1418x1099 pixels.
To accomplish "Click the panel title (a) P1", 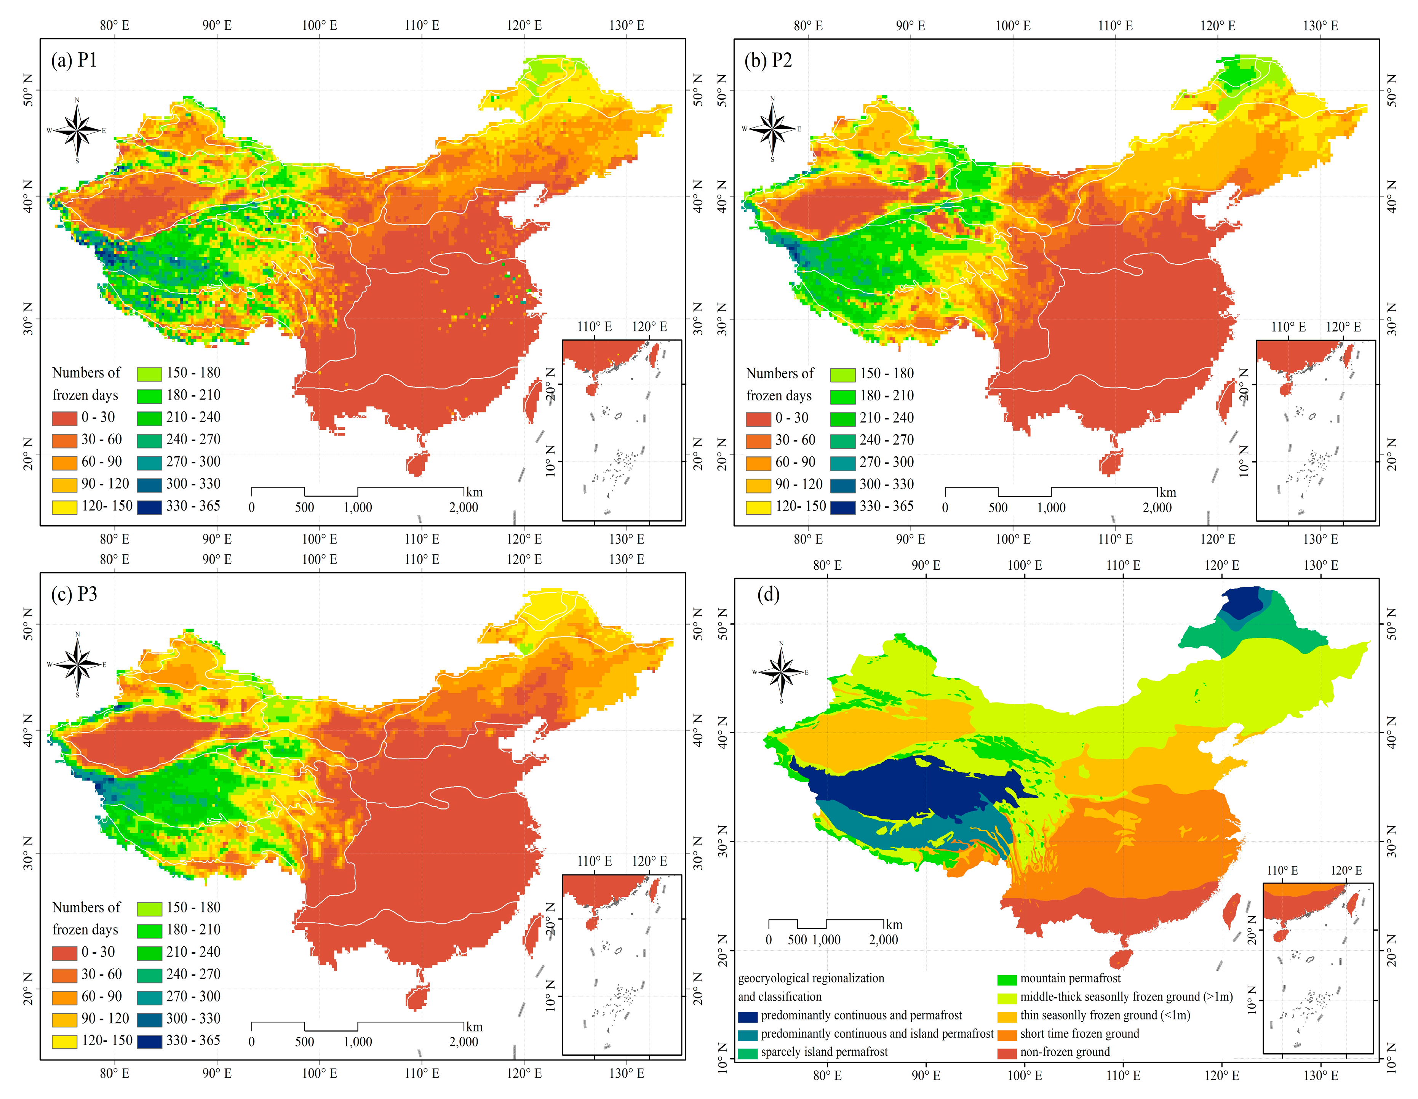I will tap(74, 61).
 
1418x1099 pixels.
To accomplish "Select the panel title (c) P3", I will tap(74, 594).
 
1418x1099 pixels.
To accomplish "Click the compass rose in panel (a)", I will tap(77, 130).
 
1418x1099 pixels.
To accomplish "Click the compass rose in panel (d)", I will tap(781, 672).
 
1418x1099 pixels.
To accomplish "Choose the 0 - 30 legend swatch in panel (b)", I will tap(758, 418).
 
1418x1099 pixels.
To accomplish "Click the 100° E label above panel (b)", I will tap(1013, 26).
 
